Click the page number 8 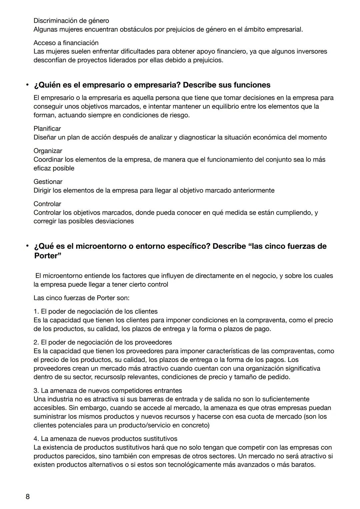(28, 497)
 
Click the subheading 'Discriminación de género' (71, 21)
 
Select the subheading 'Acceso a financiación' (66, 43)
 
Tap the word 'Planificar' (47, 128)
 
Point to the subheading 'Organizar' (48, 151)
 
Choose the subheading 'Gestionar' (48, 182)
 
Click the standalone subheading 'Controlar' (47, 204)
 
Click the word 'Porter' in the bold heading (48, 256)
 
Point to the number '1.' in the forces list (36, 311)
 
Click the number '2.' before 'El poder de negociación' (36, 342)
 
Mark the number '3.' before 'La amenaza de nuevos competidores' (36, 390)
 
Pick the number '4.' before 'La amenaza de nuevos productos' (36, 439)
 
